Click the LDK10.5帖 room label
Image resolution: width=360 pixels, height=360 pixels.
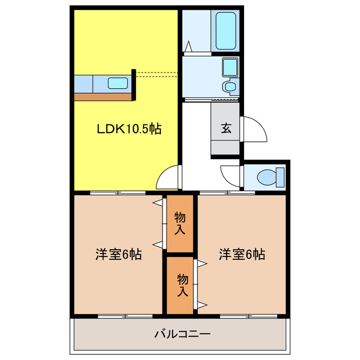129,129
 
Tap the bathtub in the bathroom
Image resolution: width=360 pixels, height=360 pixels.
226,31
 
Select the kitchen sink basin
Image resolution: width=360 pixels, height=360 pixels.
118,83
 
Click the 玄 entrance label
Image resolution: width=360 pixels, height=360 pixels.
226,128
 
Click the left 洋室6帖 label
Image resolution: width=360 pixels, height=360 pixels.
119,254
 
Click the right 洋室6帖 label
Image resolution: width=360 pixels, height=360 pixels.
242,254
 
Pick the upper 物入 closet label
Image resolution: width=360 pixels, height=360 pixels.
180,223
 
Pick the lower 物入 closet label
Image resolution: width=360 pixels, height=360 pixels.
183,285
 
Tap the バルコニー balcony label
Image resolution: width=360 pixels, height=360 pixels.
182,334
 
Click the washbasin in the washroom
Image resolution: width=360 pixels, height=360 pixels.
230,67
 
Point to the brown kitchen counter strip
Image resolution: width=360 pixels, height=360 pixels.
103,97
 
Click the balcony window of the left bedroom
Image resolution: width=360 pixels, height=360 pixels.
125,316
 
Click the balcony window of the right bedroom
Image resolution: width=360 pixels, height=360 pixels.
249,316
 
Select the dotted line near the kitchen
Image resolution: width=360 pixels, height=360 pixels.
157,75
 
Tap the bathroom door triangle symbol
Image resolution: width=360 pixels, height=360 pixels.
188,46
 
